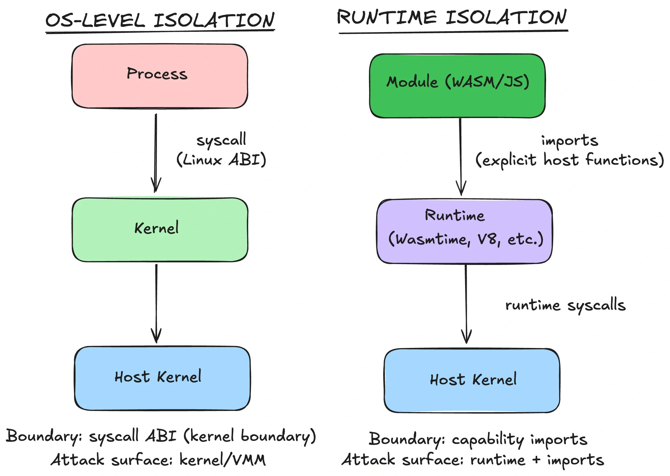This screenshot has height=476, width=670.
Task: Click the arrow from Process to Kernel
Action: point(156,153)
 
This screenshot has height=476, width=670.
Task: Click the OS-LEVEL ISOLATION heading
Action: point(160,20)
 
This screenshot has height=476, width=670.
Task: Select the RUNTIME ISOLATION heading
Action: point(452,18)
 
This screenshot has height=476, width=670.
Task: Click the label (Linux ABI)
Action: point(221,160)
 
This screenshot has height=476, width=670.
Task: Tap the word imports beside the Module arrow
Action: point(569,141)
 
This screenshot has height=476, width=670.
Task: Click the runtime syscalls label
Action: point(565,305)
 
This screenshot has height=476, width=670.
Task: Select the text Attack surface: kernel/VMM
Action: point(158,460)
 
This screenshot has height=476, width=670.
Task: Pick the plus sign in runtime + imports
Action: point(536,459)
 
